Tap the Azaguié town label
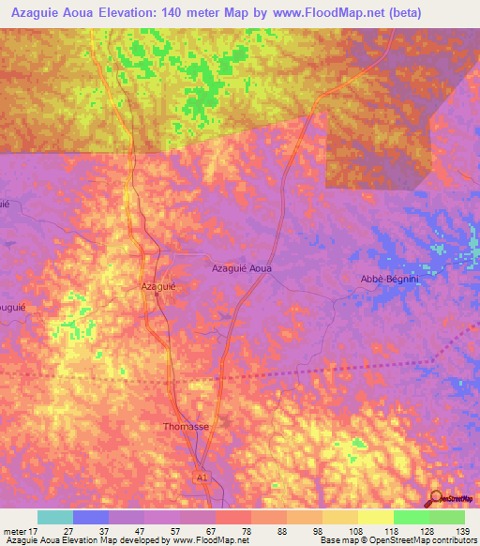pos(158,284)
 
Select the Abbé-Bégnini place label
pos(388,279)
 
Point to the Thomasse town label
pos(186,426)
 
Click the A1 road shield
pos(202,477)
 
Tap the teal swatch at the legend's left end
pos(55,517)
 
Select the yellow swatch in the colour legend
pos(376,517)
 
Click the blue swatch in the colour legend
pos(91,517)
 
